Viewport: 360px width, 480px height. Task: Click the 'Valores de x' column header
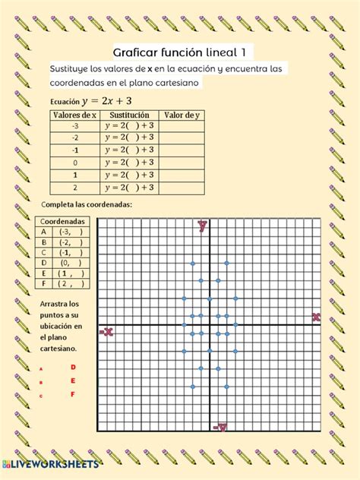pos(74,115)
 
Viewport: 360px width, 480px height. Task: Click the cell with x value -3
pos(74,126)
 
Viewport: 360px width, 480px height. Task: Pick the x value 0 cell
pos(74,163)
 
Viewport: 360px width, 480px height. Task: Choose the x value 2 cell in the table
pos(74,187)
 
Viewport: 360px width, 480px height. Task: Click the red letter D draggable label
pos(73,367)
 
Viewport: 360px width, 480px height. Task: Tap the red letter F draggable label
pos(73,394)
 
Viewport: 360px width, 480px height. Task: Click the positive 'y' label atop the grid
pos(203,225)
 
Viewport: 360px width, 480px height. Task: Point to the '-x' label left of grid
pos(106,331)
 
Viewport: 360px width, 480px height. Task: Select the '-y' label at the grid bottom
pos(219,428)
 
